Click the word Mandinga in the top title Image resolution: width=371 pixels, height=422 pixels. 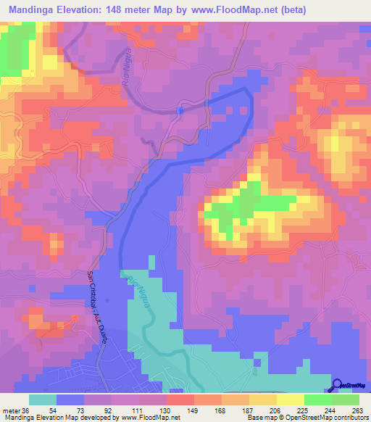tap(36, 10)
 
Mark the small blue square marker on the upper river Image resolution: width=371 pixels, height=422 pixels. tap(179, 110)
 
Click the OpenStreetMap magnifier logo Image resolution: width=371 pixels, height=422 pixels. tap(338, 385)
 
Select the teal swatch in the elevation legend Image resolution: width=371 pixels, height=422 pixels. tap(43, 400)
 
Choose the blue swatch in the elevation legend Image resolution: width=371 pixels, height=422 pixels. tap(70, 400)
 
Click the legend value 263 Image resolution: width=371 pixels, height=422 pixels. tap(357, 410)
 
